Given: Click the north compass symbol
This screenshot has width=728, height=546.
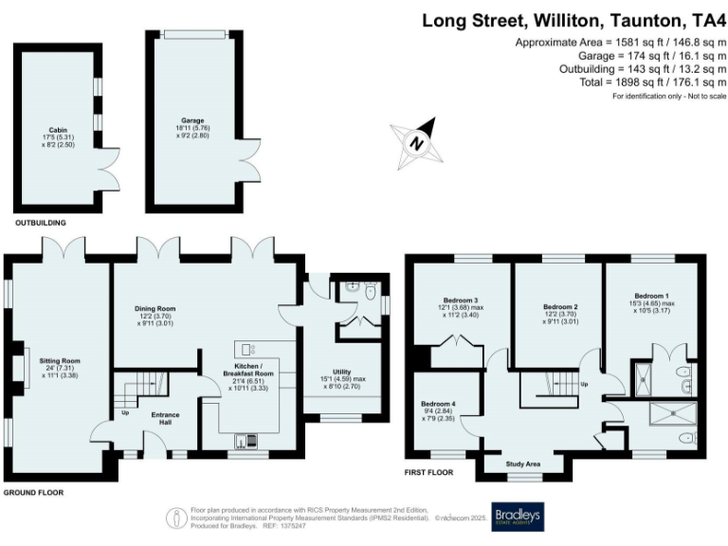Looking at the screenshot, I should (414, 140).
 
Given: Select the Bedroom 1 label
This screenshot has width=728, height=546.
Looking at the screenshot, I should (650, 295).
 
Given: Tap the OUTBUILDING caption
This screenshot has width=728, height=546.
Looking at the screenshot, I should (40, 223).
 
